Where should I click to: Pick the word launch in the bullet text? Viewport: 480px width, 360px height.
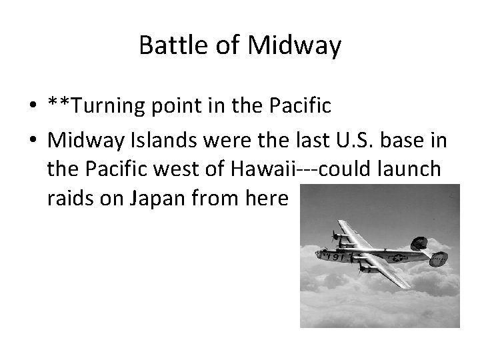point(408,169)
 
